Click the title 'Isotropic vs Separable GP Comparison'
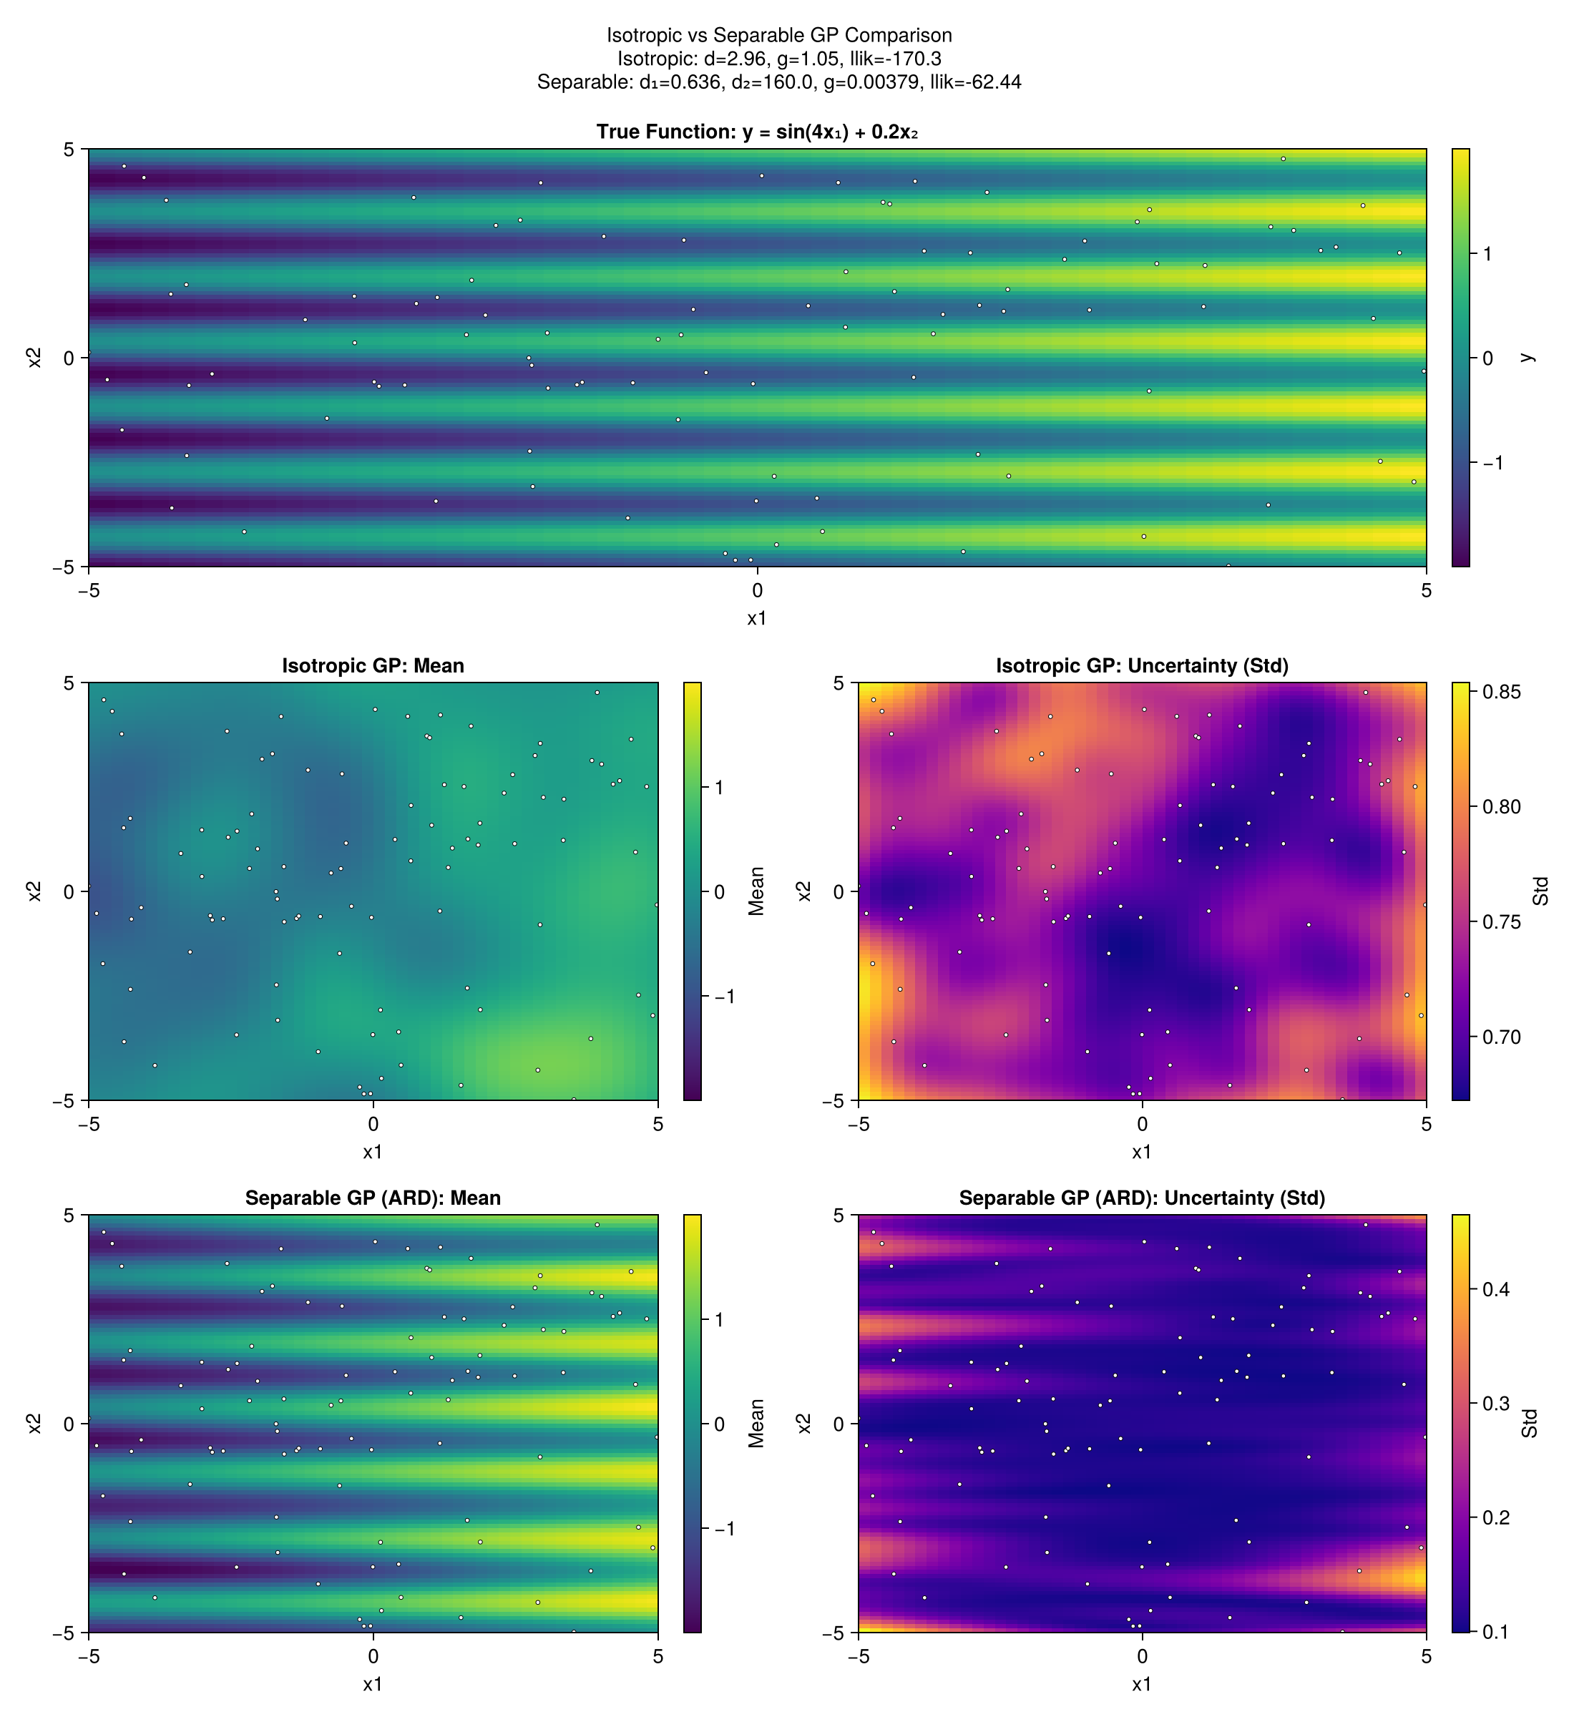(778, 35)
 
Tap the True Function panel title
(756, 132)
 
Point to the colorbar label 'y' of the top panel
(1528, 358)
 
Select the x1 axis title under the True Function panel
(756, 619)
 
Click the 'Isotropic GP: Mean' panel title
(373, 666)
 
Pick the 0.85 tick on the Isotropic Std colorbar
(1501, 693)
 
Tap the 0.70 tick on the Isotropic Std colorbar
(1501, 1037)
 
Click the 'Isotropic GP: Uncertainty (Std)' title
(1141, 666)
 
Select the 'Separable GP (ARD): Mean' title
(373, 1198)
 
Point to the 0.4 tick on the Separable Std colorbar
(1495, 1289)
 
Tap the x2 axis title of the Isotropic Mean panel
(34, 891)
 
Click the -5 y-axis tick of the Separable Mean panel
(68, 1633)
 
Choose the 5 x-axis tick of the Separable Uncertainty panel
(1426, 1656)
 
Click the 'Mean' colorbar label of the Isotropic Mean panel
(756, 891)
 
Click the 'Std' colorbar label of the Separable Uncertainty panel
(1530, 1424)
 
